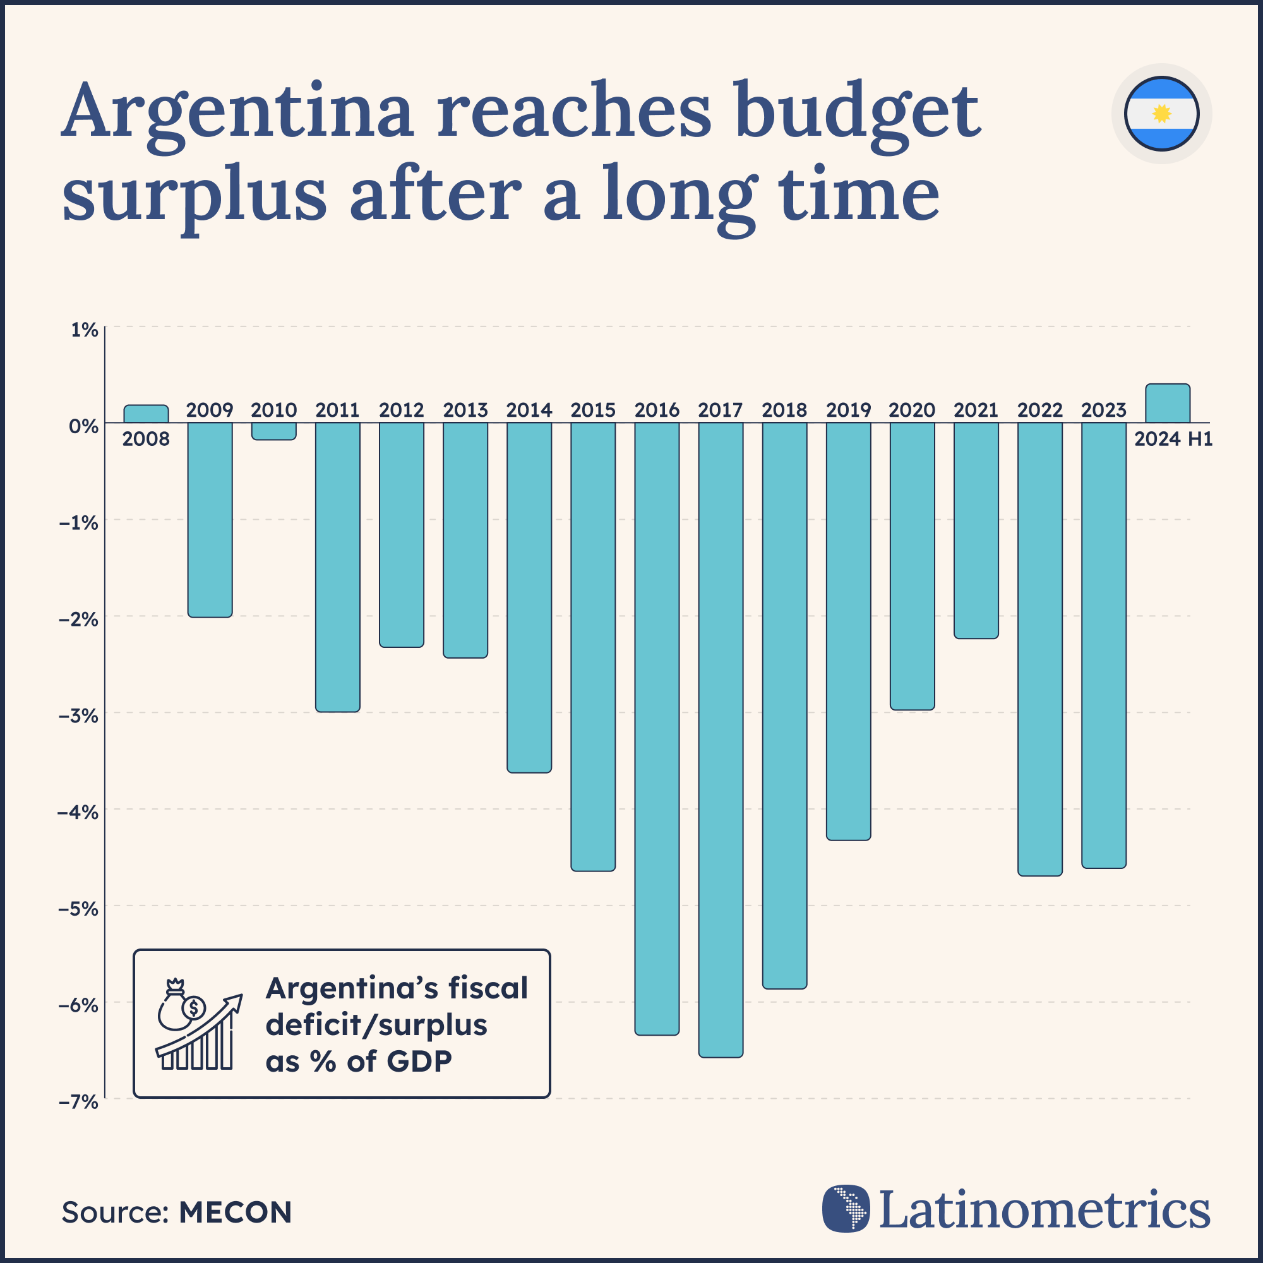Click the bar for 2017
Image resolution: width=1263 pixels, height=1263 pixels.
tap(721, 739)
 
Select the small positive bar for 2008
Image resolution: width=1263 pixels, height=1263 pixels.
tap(146, 414)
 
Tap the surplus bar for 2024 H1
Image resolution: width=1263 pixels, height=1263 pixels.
tap(1167, 404)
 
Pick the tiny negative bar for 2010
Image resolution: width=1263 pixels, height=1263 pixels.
tap(274, 431)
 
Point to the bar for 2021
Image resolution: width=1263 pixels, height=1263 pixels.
tap(976, 530)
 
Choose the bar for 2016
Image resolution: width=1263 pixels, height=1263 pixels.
tap(656, 728)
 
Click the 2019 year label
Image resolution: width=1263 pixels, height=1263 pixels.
tap(848, 410)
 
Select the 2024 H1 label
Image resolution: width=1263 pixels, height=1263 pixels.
tap(1173, 439)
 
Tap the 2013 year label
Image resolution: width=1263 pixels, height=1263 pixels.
tap(465, 410)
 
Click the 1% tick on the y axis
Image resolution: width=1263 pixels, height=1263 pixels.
tap(85, 330)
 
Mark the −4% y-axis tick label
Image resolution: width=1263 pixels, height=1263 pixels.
tap(78, 813)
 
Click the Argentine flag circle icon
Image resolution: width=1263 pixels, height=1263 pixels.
tap(1161, 114)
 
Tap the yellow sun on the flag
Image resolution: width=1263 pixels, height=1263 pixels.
tap(1161, 114)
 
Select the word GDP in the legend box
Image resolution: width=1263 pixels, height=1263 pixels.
tap(419, 1062)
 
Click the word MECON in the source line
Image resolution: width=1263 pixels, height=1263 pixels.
tap(235, 1212)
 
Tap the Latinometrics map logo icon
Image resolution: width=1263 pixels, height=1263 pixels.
tap(846, 1209)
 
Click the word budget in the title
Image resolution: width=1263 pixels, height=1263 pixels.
tap(858, 111)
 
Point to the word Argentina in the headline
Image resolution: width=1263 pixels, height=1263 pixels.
tap(238, 111)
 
